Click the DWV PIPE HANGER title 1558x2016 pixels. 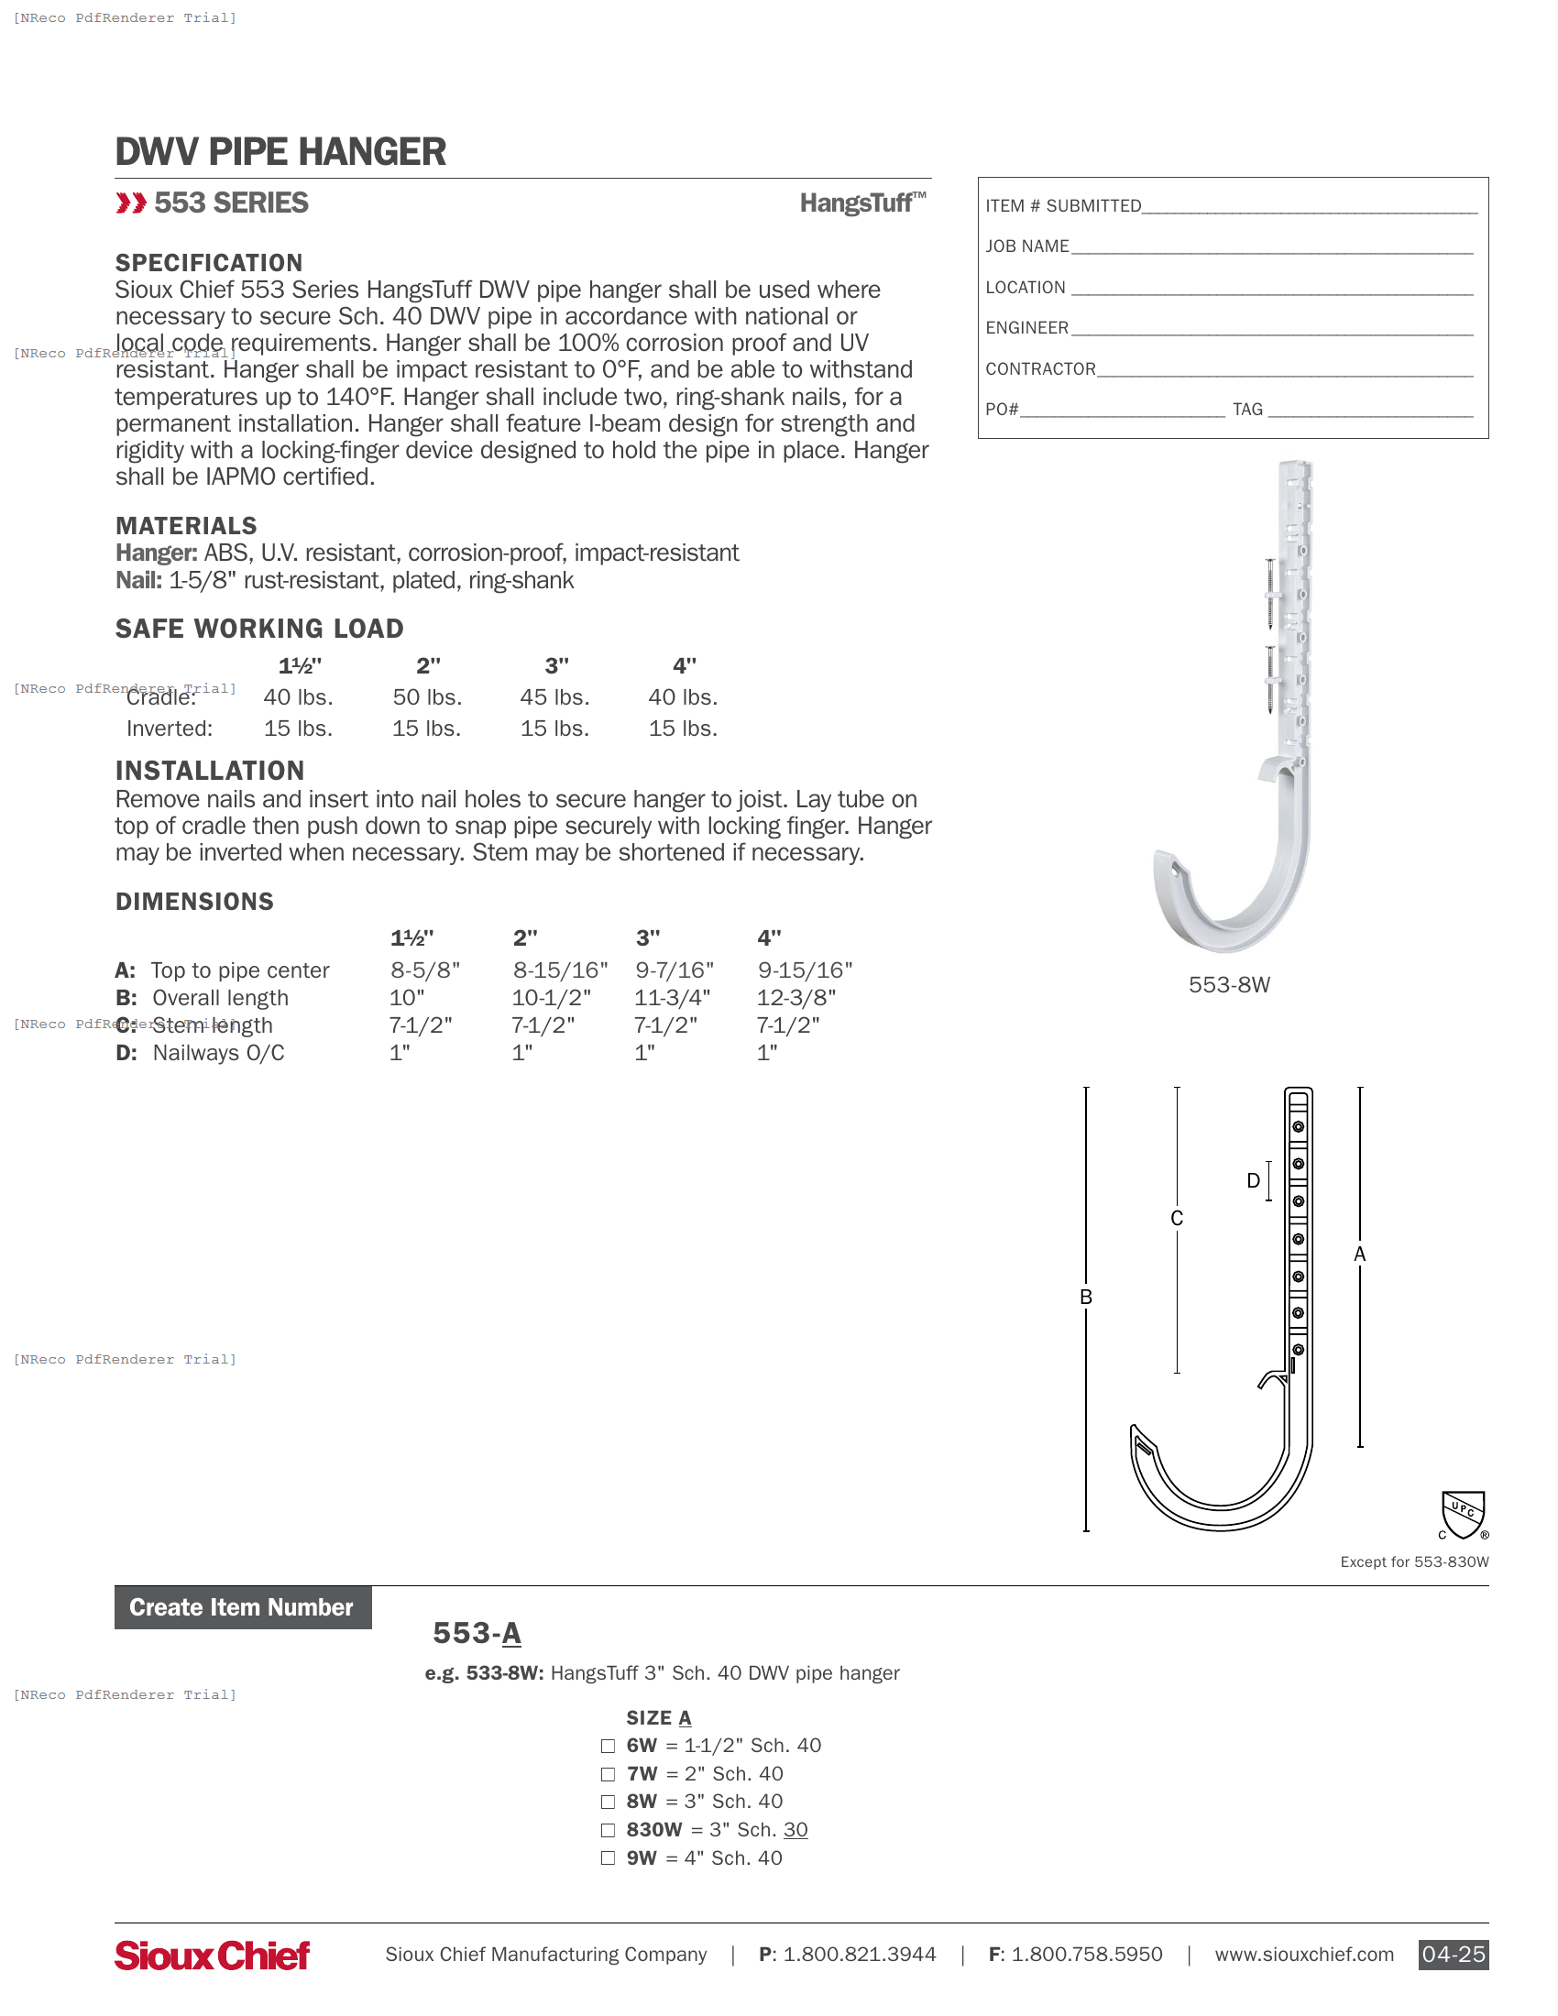[280, 152]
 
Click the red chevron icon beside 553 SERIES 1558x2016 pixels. [131, 203]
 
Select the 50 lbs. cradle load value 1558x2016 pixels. [427, 697]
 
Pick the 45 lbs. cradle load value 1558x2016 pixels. [554, 697]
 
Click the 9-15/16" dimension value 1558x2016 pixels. [805, 970]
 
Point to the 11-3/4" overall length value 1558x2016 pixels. [672, 998]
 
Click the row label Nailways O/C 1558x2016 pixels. [218, 1053]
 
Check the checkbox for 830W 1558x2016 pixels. [608, 1830]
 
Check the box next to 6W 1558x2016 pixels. [608, 1746]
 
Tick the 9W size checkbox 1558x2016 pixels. [608, 1858]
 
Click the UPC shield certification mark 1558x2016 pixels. [1463, 1515]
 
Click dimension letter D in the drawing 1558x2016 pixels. [1253, 1180]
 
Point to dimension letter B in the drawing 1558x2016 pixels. [1085, 1297]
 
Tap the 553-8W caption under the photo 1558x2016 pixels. [1228, 985]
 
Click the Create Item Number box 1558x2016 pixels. [242, 1607]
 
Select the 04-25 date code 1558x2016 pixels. [1453, 1955]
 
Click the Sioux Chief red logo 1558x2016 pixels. [213, 1956]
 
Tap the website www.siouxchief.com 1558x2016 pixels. [1303, 1955]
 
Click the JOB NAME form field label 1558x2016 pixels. [1026, 247]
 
